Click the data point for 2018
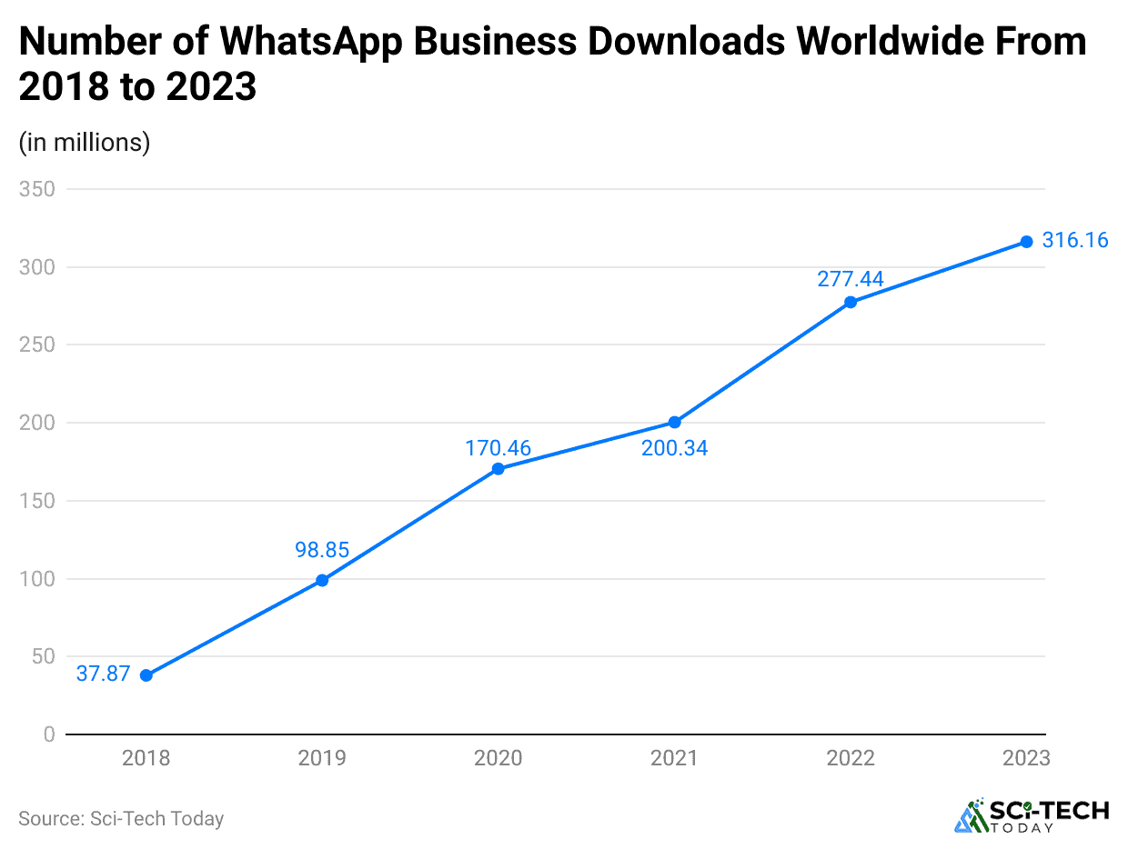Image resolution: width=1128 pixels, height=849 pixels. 146,675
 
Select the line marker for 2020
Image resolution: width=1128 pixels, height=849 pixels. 498,469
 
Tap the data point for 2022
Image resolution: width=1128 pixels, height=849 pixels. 851,302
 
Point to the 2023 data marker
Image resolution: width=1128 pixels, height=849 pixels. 1026,242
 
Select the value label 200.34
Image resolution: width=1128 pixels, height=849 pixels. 674,448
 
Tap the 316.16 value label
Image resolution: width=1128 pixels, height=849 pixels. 1075,241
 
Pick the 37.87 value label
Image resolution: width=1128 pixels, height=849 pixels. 103,674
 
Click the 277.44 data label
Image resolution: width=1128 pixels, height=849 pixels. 851,279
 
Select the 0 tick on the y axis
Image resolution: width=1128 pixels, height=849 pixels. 49,734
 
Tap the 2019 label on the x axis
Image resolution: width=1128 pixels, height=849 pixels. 322,758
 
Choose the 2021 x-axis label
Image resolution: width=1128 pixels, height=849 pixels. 674,758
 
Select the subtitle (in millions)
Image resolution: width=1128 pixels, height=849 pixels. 84,143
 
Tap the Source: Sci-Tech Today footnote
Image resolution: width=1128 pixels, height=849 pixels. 121,818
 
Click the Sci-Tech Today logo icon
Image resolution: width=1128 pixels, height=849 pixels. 971,816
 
